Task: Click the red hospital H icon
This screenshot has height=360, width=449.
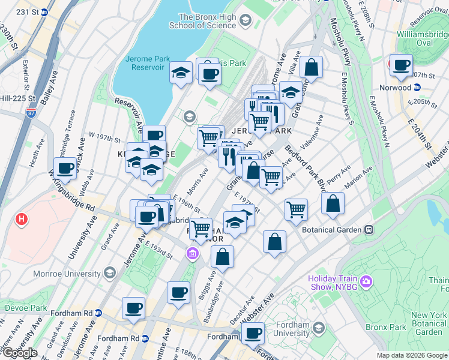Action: point(22,220)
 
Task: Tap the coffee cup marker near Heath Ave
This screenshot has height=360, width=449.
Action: point(65,169)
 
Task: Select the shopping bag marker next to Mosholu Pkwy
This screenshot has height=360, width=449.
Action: point(312,68)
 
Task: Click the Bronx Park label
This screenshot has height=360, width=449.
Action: point(426,328)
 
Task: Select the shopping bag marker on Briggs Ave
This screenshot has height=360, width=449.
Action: point(222,257)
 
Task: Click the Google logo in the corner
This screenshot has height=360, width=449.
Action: point(19,353)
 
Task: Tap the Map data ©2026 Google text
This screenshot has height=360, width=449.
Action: point(411,355)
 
